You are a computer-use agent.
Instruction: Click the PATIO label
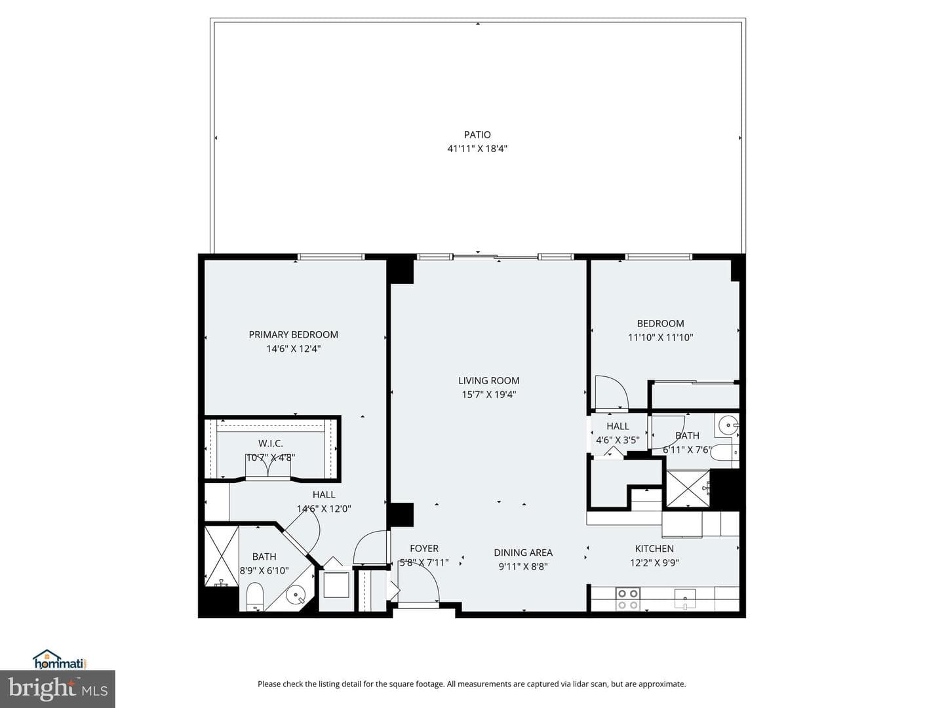click(x=477, y=134)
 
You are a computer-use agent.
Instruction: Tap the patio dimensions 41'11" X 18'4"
click(x=477, y=149)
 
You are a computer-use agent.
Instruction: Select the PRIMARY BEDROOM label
click(x=293, y=334)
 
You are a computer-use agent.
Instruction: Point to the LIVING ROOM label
click(x=488, y=380)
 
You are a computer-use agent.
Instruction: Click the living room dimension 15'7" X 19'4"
click(x=488, y=395)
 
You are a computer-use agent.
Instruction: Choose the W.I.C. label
click(x=271, y=443)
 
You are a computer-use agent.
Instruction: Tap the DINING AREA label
click(x=523, y=553)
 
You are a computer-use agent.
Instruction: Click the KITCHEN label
click(x=654, y=549)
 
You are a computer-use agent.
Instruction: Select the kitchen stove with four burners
click(x=627, y=599)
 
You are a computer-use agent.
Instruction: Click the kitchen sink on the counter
click(x=684, y=599)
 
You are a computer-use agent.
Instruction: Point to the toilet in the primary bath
click(x=254, y=597)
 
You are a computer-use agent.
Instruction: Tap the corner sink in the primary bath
click(x=296, y=596)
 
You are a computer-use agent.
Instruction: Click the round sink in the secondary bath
click(x=728, y=425)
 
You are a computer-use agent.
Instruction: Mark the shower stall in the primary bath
click(x=221, y=555)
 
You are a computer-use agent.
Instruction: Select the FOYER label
click(x=424, y=549)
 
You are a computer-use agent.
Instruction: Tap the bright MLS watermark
click(x=58, y=689)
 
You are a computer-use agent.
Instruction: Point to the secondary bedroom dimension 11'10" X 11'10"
click(x=661, y=338)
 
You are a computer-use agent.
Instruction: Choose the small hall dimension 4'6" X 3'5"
click(x=618, y=440)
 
